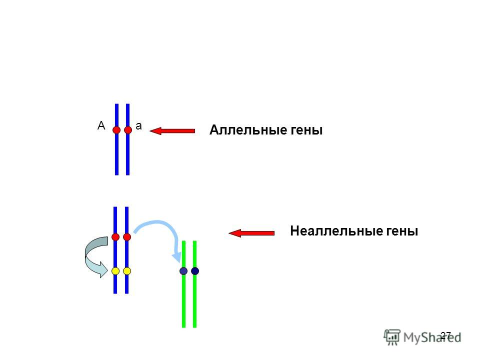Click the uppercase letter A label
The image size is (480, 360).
tap(101, 126)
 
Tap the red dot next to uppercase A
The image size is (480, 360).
tap(116, 130)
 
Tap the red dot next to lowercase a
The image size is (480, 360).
tap(128, 130)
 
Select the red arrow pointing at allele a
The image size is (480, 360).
tap(172, 131)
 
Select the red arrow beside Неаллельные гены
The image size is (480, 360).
tap(251, 232)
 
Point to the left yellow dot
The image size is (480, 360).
tap(115, 271)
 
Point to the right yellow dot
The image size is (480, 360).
tap(127, 271)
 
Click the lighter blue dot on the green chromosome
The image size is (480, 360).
tap(183, 271)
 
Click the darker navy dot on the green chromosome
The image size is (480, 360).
tap(195, 271)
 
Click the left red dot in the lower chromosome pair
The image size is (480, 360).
tap(115, 236)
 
